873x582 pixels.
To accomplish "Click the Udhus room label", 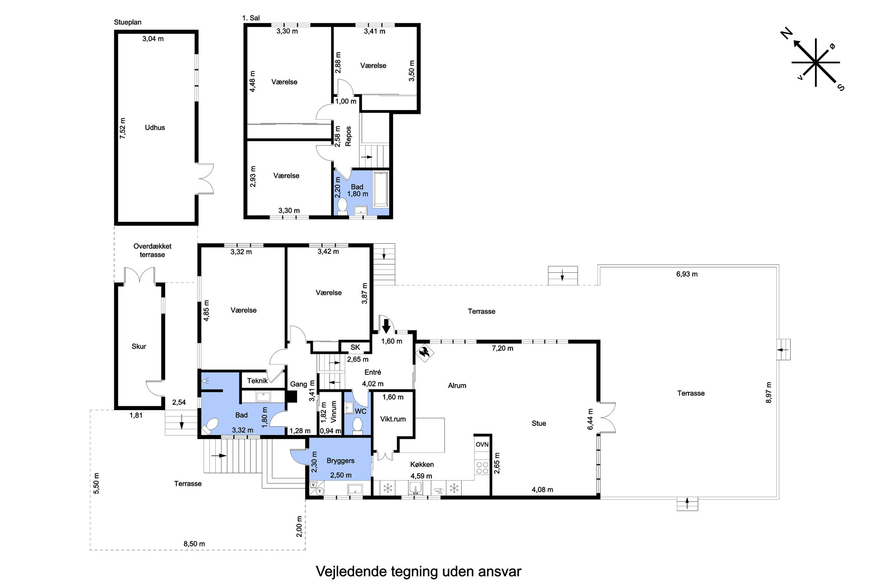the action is click(155, 128).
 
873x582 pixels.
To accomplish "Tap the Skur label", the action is click(139, 346).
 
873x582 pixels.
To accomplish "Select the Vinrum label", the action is click(333, 412).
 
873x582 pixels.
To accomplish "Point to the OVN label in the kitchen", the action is click(482, 444).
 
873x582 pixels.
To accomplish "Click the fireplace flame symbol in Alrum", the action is click(425, 352).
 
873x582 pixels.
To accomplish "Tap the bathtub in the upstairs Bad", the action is click(380, 190).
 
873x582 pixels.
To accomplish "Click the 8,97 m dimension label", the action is click(769, 392).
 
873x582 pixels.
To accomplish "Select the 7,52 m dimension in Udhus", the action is click(123, 128).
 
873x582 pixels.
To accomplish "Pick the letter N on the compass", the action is click(786, 33).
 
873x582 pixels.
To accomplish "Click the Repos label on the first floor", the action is click(348, 136).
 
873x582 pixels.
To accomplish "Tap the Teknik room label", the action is click(257, 381).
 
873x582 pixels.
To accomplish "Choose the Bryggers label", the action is click(340, 461).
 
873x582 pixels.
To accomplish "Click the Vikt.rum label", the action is click(393, 419).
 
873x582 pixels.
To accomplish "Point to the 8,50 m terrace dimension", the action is click(194, 544).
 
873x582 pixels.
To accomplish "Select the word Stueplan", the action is click(128, 22).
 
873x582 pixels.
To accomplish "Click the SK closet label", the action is click(355, 347).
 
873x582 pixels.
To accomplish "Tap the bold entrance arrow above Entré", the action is click(386, 326).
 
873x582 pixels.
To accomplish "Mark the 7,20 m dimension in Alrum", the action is click(503, 348).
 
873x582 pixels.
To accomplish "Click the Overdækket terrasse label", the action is click(152, 250).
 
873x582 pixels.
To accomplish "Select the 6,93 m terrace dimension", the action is click(687, 274).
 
